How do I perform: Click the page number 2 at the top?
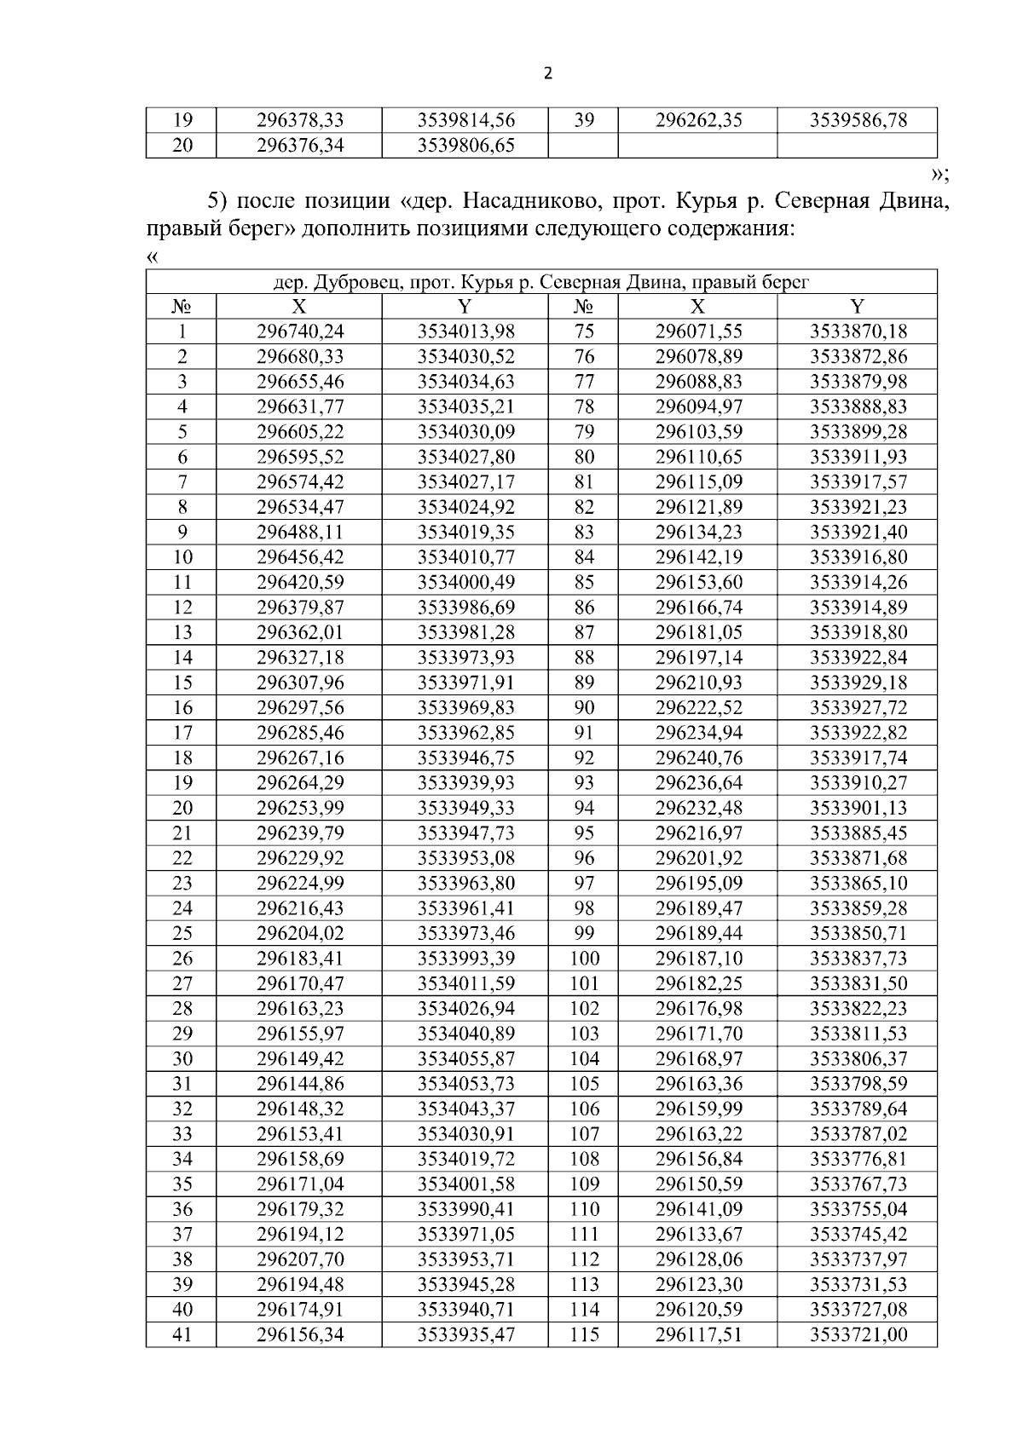point(547,73)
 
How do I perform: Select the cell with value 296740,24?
point(300,331)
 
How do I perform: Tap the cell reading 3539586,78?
point(858,120)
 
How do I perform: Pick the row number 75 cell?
point(584,331)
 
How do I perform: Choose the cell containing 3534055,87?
point(465,1059)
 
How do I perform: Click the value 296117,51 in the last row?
point(698,1334)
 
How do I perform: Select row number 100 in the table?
point(584,959)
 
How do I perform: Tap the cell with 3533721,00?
point(858,1334)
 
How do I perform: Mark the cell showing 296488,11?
point(300,532)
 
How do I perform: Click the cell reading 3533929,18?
point(858,683)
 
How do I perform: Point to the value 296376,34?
point(300,146)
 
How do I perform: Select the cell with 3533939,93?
point(465,783)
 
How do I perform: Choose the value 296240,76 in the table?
point(698,758)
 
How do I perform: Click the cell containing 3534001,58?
point(465,1184)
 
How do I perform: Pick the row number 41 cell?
point(182,1334)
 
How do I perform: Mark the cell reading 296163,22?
point(698,1134)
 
